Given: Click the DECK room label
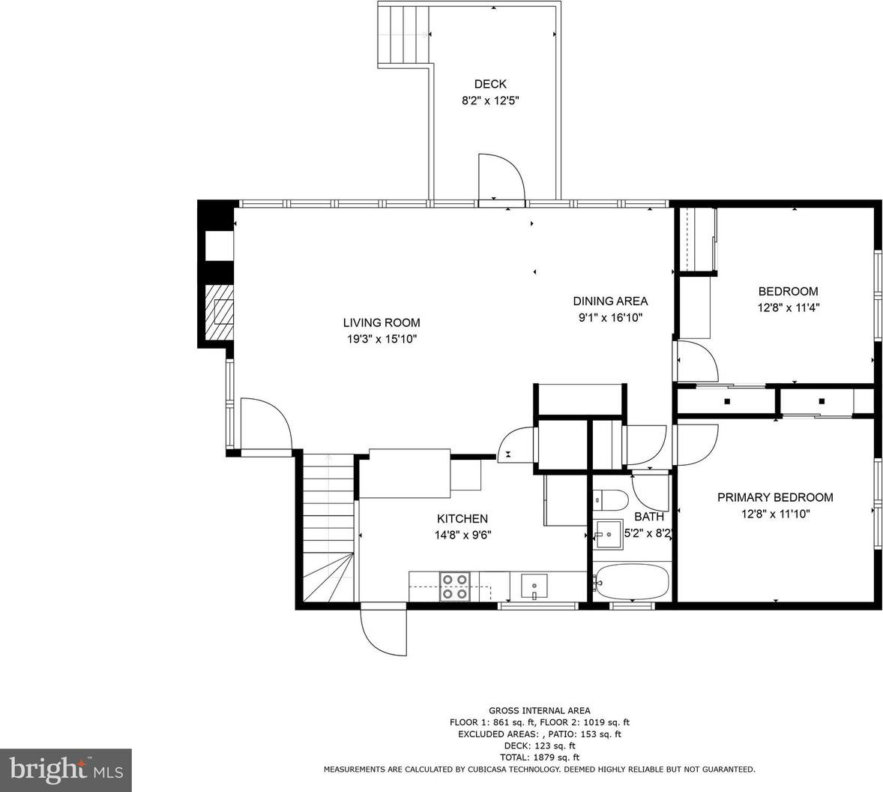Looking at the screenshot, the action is [x=490, y=85].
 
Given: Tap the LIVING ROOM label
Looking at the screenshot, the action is [x=382, y=322].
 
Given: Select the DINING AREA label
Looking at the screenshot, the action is [x=610, y=301].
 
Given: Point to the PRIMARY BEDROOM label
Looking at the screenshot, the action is [x=775, y=497].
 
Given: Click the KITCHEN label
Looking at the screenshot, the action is [x=462, y=519].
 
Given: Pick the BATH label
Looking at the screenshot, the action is [x=648, y=517].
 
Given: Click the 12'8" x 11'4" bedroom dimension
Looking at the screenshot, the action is [x=788, y=308].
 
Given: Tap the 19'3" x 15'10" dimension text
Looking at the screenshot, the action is [x=382, y=339].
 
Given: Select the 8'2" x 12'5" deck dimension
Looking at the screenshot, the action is [x=490, y=100].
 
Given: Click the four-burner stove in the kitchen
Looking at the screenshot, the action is [x=455, y=586].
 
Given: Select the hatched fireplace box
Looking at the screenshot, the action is [x=218, y=311].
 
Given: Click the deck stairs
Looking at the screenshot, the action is [x=404, y=33].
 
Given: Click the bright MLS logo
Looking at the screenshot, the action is [x=66, y=770].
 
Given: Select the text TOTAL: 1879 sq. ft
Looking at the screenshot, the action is [x=540, y=757].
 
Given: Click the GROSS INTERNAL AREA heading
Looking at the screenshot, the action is [x=540, y=711].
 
